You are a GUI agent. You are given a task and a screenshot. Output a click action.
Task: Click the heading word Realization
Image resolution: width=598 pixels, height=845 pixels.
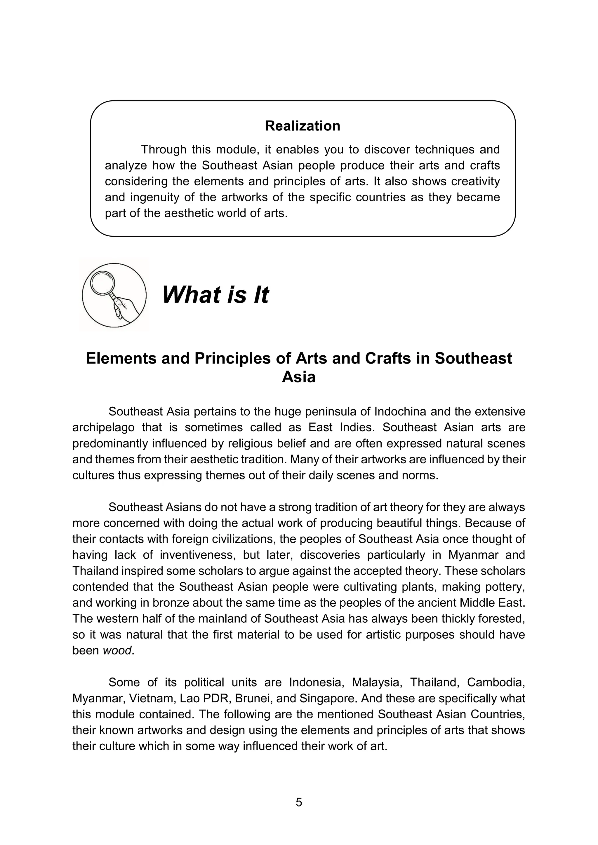(302, 126)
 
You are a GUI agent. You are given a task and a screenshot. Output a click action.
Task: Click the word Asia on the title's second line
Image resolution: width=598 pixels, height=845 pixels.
(299, 377)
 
